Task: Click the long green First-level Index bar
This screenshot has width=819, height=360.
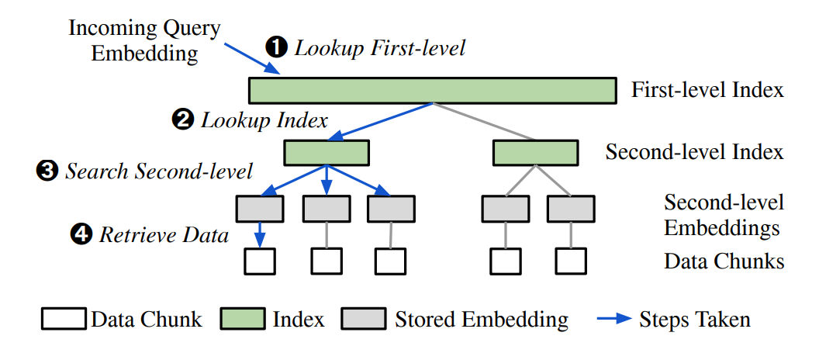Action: tap(432, 90)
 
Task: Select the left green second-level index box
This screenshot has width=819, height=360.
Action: tap(326, 153)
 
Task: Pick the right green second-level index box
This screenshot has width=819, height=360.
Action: tap(535, 153)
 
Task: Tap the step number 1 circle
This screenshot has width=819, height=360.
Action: tap(276, 48)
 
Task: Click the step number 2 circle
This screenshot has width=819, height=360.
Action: tap(182, 121)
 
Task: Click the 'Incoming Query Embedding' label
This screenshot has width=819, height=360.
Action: tap(144, 42)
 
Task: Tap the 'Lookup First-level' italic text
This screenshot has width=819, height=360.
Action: tap(379, 48)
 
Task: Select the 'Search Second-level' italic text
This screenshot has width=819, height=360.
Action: tap(159, 171)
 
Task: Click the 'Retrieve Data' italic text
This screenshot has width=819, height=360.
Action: tap(164, 234)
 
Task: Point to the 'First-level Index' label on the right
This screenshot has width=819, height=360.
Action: tap(707, 90)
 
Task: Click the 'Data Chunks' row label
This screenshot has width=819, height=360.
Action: tap(724, 261)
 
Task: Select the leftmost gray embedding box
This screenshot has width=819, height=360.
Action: tap(260, 208)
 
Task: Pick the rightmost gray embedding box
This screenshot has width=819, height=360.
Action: tap(571, 208)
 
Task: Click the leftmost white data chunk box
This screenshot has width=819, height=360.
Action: tap(260, 261)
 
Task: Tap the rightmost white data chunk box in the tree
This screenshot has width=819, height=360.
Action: tap(571, 261)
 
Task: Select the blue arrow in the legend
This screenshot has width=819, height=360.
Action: tap(614, 319)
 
